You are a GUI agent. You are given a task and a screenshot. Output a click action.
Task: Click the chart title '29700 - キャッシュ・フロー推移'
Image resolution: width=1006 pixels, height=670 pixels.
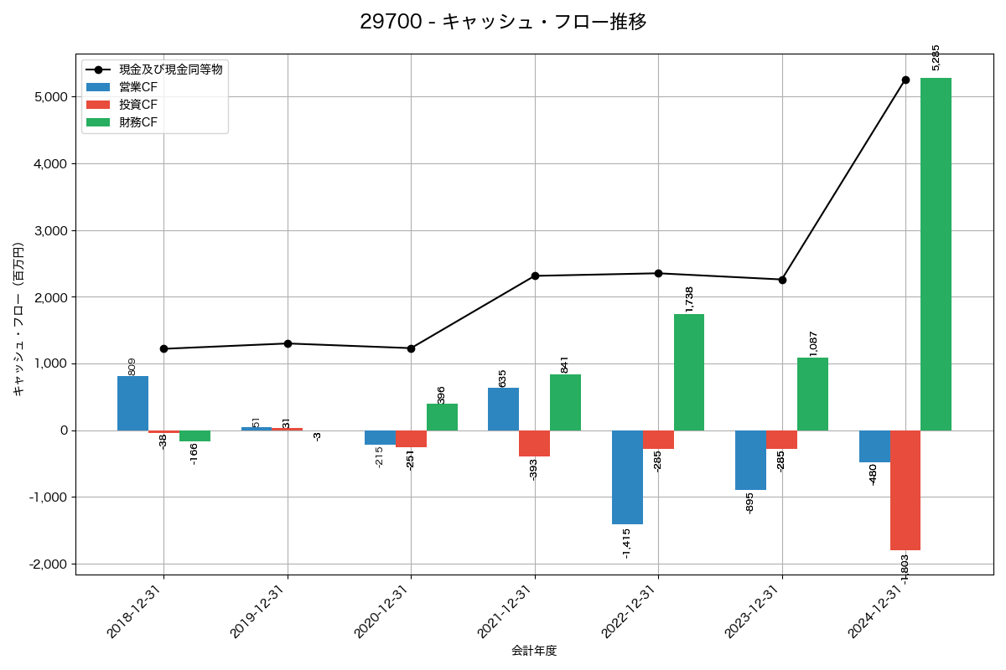coord(503,22)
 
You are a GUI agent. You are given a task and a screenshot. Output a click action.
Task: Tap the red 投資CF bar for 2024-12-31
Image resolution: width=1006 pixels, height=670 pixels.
coord(905,490)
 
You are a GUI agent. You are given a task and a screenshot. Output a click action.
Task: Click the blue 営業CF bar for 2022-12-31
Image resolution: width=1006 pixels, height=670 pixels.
coord(627,477)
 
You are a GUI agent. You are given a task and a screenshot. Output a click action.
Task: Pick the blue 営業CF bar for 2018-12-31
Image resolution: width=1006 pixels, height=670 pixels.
coord(132,403)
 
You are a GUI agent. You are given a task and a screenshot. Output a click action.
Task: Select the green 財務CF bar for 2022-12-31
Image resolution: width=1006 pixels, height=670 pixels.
coord(689,372)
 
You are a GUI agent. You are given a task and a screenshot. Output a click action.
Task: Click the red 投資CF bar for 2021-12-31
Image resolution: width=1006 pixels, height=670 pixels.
coord(534,443)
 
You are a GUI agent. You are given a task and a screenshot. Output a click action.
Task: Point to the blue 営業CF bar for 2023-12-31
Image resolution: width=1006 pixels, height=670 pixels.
coord(750,460)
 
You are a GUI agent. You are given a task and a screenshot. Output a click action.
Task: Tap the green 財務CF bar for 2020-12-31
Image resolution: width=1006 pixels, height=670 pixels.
coord(442,417)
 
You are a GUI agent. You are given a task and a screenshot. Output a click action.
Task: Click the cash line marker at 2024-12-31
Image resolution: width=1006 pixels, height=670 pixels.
coord(905,80)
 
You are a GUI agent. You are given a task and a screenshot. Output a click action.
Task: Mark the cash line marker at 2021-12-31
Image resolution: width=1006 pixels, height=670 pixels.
coord(535,276)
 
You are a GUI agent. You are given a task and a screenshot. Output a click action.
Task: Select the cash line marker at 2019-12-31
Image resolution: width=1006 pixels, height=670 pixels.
coord(288,343)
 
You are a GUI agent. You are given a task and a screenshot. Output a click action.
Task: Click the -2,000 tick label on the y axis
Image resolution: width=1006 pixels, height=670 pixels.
coord(49,564)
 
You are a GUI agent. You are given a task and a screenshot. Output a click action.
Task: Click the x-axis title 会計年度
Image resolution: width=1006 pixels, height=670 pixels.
coord(534,651)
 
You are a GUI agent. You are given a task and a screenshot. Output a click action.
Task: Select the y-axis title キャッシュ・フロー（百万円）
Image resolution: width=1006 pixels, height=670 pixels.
coord(18,319)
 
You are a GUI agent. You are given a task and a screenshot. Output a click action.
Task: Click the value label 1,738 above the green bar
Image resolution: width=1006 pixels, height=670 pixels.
coord(689,299)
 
